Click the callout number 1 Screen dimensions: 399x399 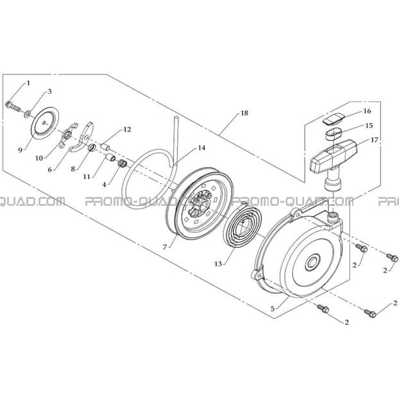pos(28,83)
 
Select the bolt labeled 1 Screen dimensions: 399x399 pos(13,106)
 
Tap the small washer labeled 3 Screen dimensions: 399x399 pos(27,114)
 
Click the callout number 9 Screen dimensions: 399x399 pos(21,150)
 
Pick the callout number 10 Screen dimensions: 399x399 pos(39,158)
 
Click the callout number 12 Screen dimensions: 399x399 pos(127,130)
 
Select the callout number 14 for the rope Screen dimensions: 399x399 pos(201,148)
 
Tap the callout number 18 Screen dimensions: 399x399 pos(244,113)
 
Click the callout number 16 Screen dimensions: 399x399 pos(368,111)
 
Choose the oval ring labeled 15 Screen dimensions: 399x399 pos(334,134)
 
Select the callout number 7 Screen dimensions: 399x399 pos(165,247)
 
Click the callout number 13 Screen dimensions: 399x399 pos(218,264)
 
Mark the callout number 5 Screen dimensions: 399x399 pos(273,309)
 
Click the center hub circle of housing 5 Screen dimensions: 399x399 pos(312,262)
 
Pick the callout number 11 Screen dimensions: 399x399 pos(87,176)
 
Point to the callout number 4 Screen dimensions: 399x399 pos(104,185)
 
